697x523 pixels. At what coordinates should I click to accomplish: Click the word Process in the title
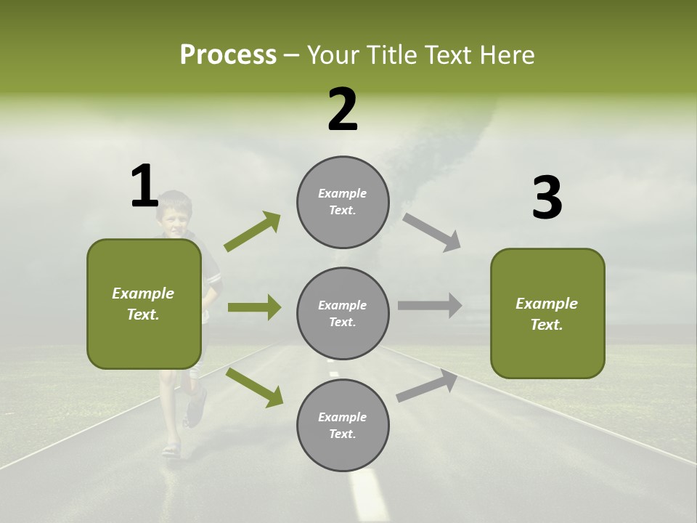tap(228, 54)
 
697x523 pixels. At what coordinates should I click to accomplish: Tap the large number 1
tap(144, 187)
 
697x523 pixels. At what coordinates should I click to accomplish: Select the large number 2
tap(343, 110)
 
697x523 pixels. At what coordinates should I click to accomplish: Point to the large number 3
tap(547, 198)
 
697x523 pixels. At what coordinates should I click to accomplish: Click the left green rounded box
tap(144, 304)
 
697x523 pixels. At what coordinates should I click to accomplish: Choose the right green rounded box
tap(547, 313)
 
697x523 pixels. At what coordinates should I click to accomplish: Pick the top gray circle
tap(343, 202)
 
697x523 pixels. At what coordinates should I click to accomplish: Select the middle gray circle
tap(343, 313)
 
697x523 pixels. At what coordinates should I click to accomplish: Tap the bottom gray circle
tap(343, 425)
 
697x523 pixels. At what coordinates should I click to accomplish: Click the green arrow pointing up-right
tap(252, 232)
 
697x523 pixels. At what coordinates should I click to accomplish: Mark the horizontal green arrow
tap(254, 307)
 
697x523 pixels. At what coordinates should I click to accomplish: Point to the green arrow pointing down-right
tap(254, 386)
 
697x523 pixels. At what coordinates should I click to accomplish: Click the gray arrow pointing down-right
tap(431, 232)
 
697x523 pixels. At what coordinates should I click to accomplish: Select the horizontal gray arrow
tap(429, 305)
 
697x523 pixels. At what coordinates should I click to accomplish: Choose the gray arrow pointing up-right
tap(427, 386)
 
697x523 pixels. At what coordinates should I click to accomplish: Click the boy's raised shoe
tap(196, 407)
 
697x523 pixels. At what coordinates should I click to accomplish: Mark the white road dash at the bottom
tap(369, 494)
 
